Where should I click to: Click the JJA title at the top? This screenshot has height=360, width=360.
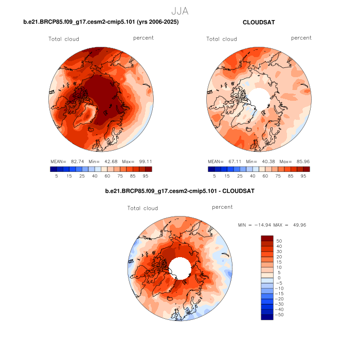click(179, 10)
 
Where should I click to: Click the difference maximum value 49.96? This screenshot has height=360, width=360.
click(298, 225)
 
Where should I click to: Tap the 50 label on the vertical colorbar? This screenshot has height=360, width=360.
click(279, 240)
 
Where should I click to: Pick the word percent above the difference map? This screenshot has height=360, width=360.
click(222, 207)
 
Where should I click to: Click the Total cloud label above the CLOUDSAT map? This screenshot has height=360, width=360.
click(222, 39)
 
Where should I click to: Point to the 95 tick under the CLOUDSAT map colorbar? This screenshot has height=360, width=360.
click(303, 175)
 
